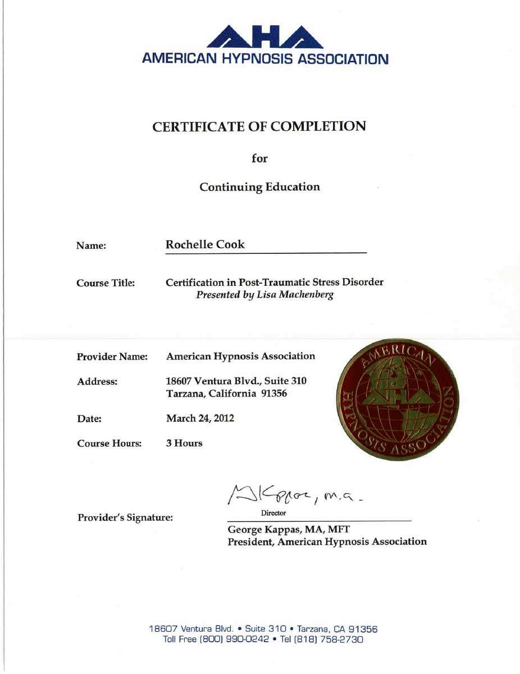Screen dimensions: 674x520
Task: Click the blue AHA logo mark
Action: click(x=264, y=37)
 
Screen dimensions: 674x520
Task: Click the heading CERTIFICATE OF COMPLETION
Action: click(x=259, y=126)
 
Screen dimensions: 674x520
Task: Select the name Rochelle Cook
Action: click(x=205, y=245)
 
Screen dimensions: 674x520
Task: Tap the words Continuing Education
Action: click(x=259, y=187)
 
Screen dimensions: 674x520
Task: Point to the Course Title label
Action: click(x=105, y=284)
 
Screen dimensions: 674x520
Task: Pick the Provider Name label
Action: click(x=112, y=357)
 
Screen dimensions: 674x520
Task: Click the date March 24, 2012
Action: click(x=200, y=418)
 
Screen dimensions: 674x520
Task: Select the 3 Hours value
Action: click(x=184, y=443)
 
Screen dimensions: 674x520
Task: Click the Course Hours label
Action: click(x=109, y=443)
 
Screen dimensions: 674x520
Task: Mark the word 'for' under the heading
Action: click(x=259, y=158)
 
